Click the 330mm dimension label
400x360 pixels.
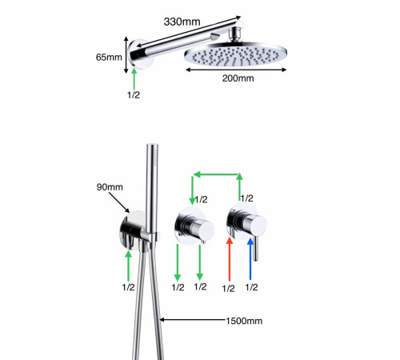pos(182,22)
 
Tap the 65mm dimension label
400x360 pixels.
pos(109,57)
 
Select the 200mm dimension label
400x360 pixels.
pos(238,78)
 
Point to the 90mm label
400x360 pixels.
pos(110,187)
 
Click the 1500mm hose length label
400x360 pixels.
pos(244,321)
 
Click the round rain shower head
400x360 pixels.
pos(236,55)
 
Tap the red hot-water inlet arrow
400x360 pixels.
pos(230,259)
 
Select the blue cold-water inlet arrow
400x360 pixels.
pos(250,258)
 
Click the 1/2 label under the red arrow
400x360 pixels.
pos(229,288)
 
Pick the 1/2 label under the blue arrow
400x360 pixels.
pos(251,287)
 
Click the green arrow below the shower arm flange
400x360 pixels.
pos(134,79)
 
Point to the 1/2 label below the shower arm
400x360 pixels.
pos(134,94)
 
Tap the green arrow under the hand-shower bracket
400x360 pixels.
pos(129,266)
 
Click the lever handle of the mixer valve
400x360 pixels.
pos(255,249)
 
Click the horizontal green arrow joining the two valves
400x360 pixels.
pos(216,174)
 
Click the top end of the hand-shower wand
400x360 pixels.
pos(152,146)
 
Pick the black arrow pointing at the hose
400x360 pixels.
pos(193,319)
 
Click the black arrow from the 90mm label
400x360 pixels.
pos(119,202)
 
